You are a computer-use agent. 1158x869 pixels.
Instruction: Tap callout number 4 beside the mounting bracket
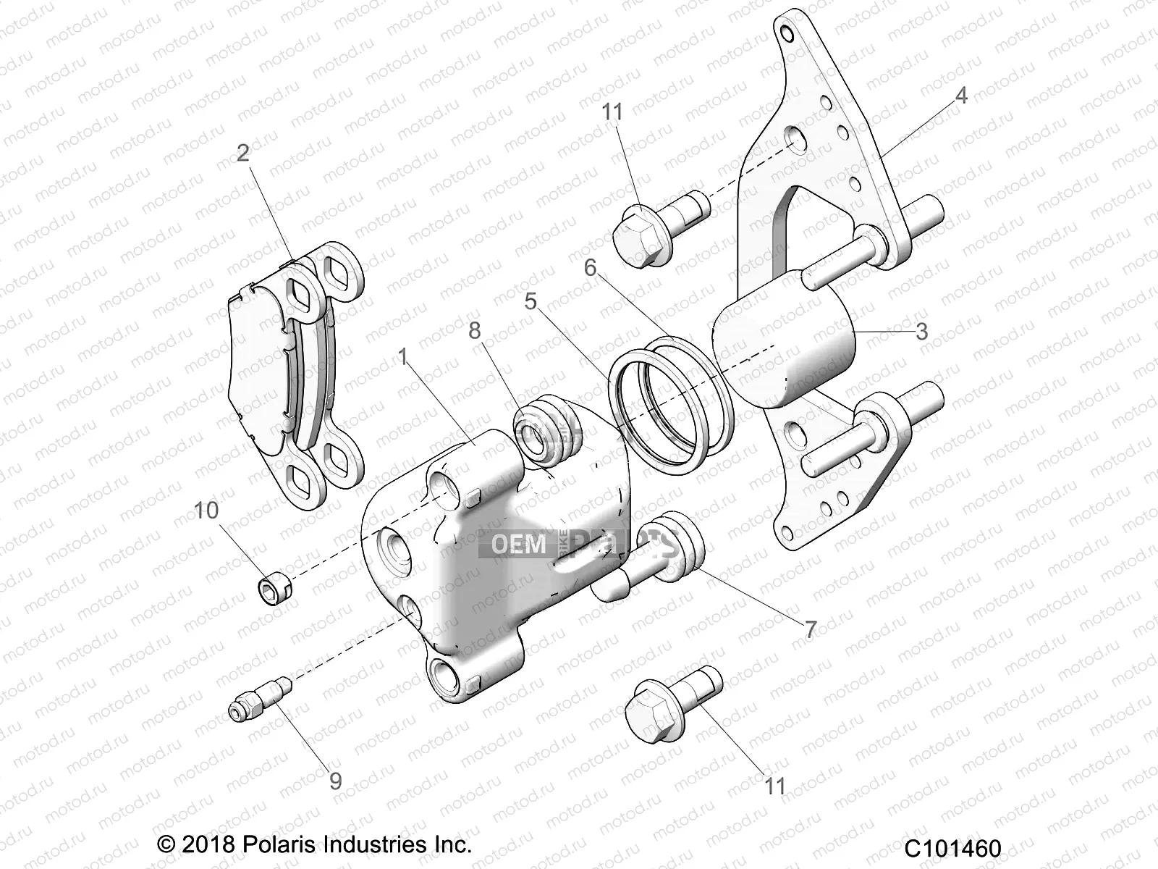[960, 95]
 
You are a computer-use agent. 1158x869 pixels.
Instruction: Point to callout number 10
[206, 511]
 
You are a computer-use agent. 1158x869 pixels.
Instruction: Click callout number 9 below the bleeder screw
[335, 781]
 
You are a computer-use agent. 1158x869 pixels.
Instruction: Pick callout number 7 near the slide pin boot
[810, 629]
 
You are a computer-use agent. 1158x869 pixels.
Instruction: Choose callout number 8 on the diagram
[474, 330]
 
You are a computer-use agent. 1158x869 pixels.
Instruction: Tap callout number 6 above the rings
[590, 268]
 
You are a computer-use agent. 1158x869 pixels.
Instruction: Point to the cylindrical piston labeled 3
[785, 339]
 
